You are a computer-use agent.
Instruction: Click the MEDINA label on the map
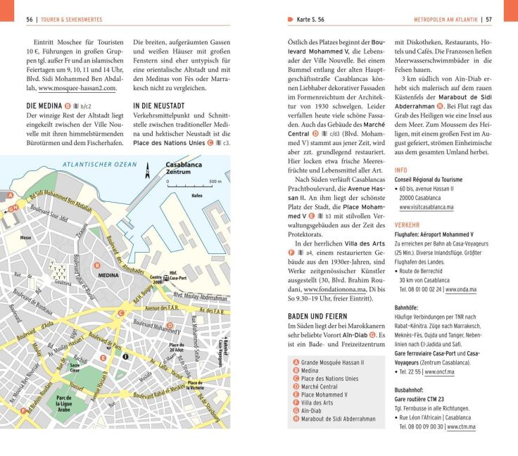coord(108,275)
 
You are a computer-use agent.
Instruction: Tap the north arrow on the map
coord(147,169)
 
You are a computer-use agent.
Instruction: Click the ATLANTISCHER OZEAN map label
coord(100,164)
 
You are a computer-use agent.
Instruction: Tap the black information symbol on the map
coord(125,357)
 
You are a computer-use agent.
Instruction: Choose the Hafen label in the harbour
coord(197,196)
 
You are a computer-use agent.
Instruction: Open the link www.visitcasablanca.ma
coord(425,208)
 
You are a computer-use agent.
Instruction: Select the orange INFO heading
coord(400,170)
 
